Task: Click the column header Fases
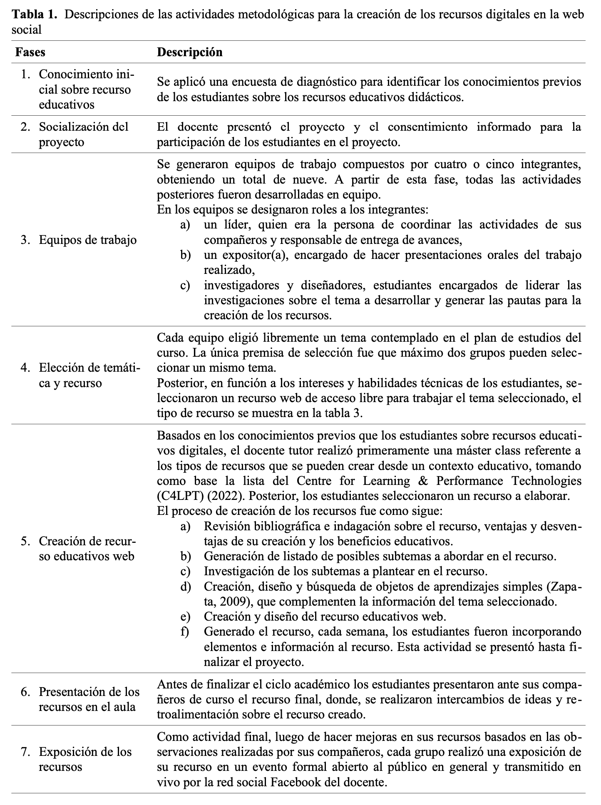[x=30, y=52]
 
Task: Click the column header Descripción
[x=189, y=52]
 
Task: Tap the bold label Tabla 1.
[x=35, y=15]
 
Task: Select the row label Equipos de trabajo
[x=87, y=240]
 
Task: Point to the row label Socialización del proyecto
[x=83, y=134]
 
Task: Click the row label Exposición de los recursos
[x=85, y=759]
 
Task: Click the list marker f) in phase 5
[x=185, y=631]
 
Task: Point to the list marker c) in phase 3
[x=185, y=286]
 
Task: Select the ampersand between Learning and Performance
[x=422, y=481]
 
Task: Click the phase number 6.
[x=25, y=692]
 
